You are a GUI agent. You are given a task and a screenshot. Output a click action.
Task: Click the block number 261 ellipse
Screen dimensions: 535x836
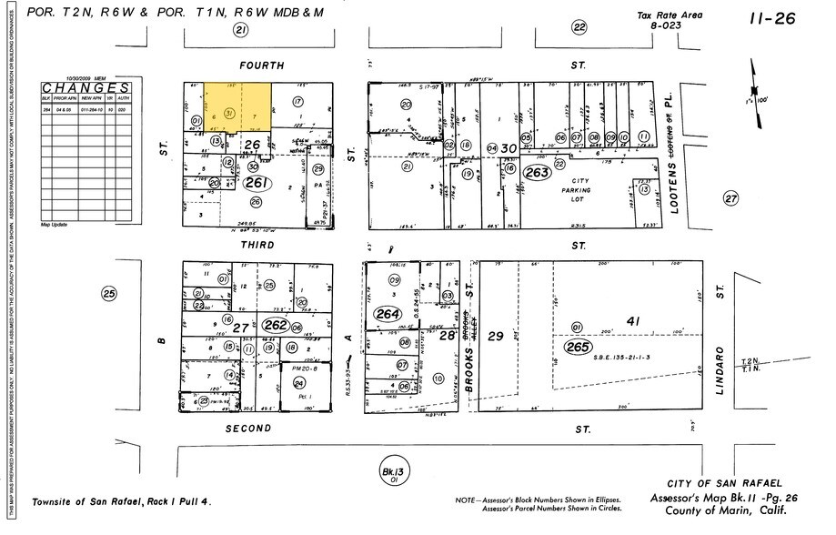[x=256, y=182]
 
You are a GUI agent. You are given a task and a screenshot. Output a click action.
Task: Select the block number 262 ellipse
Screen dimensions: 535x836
[x=275, y=324]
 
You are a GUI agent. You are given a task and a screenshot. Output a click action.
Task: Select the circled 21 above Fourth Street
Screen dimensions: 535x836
[x=240, y=30]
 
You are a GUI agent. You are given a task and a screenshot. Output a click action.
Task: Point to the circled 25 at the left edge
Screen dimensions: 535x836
[x=110, y=294]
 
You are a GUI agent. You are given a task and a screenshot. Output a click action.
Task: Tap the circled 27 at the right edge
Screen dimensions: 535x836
[x=730, y=197]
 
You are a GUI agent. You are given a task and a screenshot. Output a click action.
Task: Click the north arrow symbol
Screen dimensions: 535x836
[x=754, y=80]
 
